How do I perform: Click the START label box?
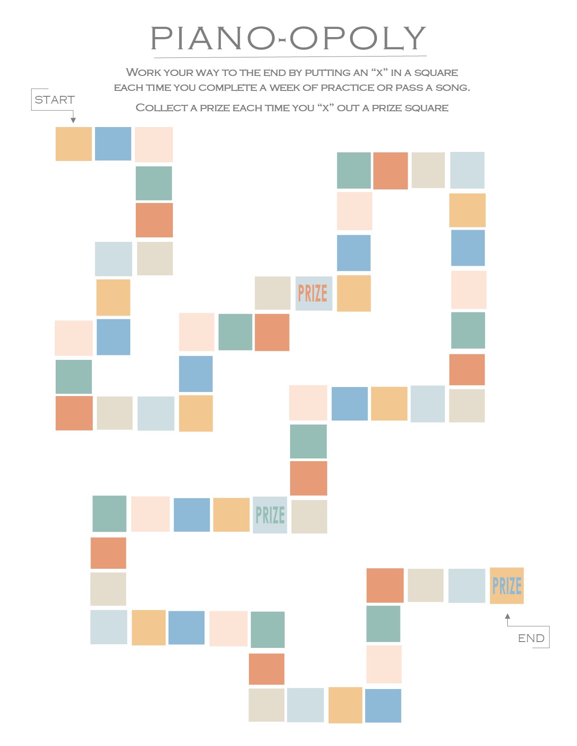coord(54,99)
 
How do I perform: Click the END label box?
coord(531,638)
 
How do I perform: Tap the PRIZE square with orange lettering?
coord(313,293)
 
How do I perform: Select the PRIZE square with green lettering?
coord(270,515)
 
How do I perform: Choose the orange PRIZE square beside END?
coord(506,585)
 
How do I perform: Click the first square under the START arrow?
coord(73,144)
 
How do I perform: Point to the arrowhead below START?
coord(73,120)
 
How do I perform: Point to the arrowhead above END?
coord(507,616)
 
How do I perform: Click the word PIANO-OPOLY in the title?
coord(288,38)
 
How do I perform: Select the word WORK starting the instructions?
coord(143,72)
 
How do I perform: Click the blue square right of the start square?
coord(113,144)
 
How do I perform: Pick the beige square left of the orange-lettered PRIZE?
coord(272,293)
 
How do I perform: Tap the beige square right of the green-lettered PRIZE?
coord(309,516)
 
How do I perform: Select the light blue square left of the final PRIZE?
coord(467,585)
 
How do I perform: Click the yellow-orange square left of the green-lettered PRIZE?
coord(231,515)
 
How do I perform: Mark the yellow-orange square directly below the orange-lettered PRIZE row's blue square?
coord(353,293)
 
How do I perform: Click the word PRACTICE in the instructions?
coord(347,88)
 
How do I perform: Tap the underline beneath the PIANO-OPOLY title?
coord(290,57)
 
